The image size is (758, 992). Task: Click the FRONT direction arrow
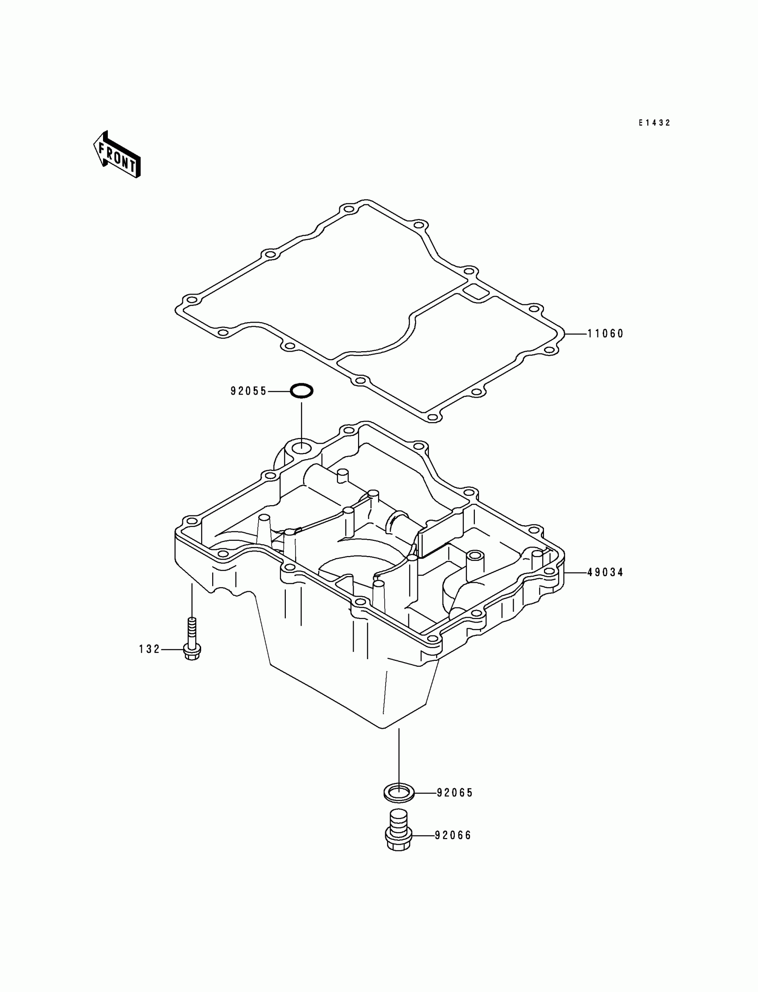(117, 154)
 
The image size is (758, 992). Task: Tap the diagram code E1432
(654, 123)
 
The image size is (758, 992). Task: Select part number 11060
(605, 334)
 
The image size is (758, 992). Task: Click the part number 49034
(605, 572)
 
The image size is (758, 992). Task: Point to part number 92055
(249, 391)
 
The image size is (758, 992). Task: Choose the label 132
(149, 649)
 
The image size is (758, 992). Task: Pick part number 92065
(455, 793)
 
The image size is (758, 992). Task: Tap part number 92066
(453, 835)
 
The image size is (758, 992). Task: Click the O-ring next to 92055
(301, 390)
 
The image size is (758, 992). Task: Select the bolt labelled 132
(192, 641)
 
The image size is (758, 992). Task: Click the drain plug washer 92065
(399, 793)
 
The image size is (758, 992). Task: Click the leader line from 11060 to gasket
(575, 334)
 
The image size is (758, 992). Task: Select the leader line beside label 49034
(575, 573)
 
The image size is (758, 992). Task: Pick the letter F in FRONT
(103, 148)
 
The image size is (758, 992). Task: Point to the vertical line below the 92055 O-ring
(301, 420)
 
